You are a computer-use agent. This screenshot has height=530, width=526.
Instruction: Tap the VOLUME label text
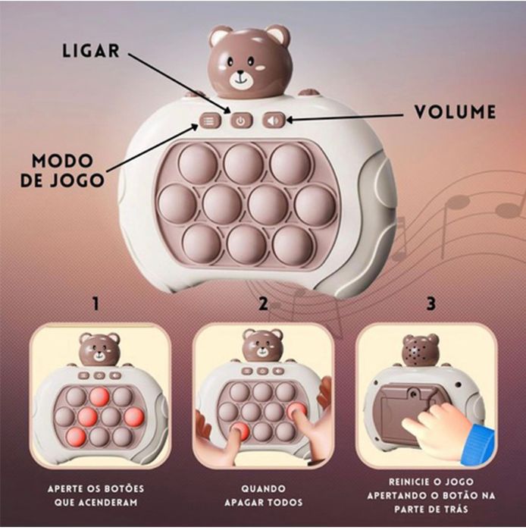click(x=455, y=113)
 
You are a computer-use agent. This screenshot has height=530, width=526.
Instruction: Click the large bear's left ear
click(x=220, y=36)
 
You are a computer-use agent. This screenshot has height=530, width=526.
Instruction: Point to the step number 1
click(x=95, y=304)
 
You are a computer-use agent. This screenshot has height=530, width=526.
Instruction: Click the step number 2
click(x=263, y=304)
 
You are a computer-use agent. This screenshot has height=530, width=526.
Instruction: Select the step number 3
click(x=431, y=304)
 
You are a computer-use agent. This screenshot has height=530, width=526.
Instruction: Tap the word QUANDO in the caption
click(x=263, y=488)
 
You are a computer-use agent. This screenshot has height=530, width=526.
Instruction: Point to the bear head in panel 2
click(x=262, y=346)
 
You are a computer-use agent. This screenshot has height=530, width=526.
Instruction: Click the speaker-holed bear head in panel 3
click(x=420, y=350)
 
